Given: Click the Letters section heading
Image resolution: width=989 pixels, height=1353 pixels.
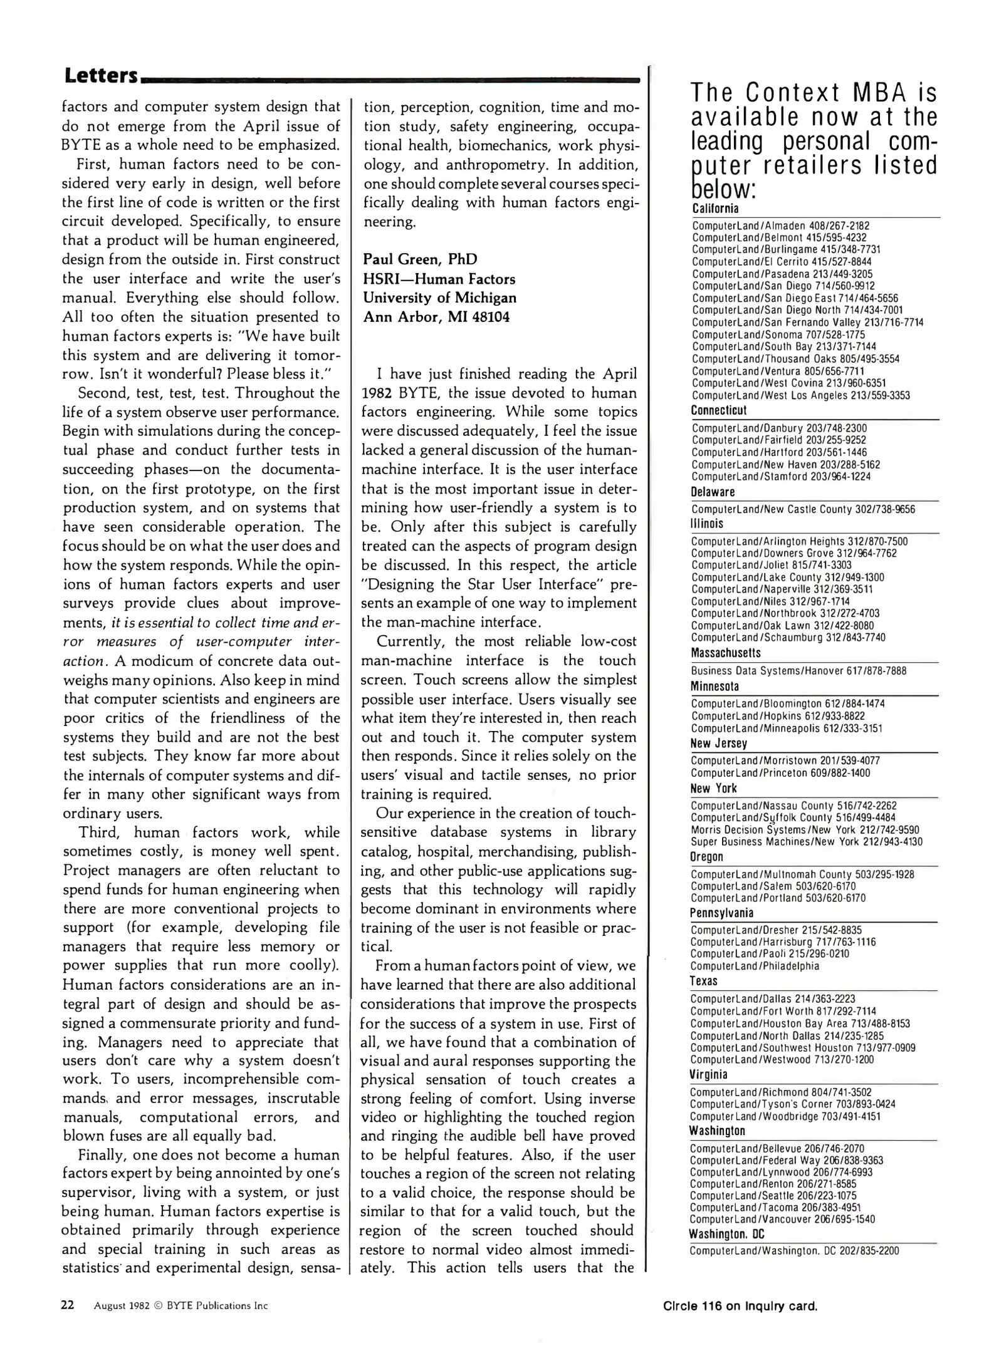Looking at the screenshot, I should click(100, 75).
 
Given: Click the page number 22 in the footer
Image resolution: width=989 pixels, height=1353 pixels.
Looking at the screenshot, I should click(68, 1305).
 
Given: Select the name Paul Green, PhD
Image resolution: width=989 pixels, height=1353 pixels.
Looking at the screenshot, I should click(420, 259).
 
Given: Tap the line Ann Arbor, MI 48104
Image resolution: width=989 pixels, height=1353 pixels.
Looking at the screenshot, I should click(436, 317).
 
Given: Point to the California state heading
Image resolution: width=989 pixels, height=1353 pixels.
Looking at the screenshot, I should click(715, 209).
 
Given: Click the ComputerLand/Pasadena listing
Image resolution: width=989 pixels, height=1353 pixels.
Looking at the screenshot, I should click(782, 274).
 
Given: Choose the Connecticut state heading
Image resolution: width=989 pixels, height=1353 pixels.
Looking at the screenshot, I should click(718, 410).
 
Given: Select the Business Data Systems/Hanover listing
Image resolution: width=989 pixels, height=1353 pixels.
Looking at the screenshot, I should click(798, 671).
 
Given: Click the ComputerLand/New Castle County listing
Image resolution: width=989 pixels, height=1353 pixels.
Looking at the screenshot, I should click(803, 509).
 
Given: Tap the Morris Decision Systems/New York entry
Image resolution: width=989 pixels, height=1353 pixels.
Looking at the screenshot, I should click(805, 830).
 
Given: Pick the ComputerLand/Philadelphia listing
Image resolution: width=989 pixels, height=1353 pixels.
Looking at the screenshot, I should click(755, 966).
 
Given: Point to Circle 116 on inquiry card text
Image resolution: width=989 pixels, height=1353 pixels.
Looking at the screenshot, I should click(740, 1306).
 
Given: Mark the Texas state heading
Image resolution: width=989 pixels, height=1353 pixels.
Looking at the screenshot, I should click(704, 981).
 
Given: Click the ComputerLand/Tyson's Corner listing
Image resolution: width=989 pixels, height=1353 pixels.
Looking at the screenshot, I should click(792, 1104).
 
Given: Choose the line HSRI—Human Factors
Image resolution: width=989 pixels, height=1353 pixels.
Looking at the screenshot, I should click(439, 279).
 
